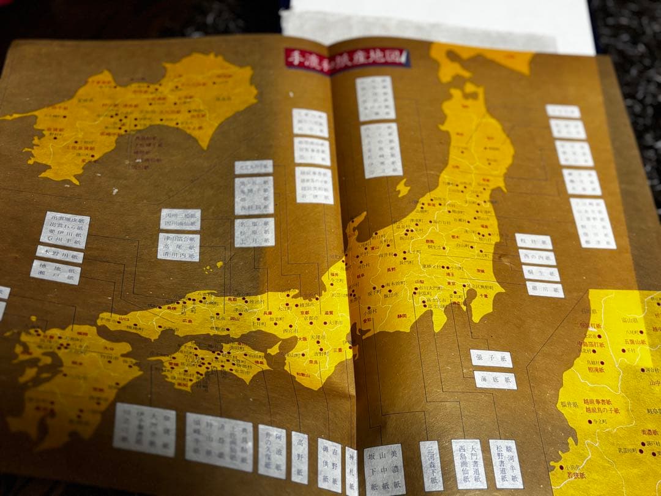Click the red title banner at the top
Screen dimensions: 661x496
[347, 59]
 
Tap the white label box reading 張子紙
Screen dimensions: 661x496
[491, 358]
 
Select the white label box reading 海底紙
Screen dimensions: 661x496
[495, 380]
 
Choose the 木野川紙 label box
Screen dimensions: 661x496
[59, 254]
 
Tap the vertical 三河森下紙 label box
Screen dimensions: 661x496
[431, 465]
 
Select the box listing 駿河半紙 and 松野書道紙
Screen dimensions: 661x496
[506, 464]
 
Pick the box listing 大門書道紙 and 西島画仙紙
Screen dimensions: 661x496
[469, 464]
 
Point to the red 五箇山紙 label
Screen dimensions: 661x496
[633, 341]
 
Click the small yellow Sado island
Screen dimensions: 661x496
[402, 187]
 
